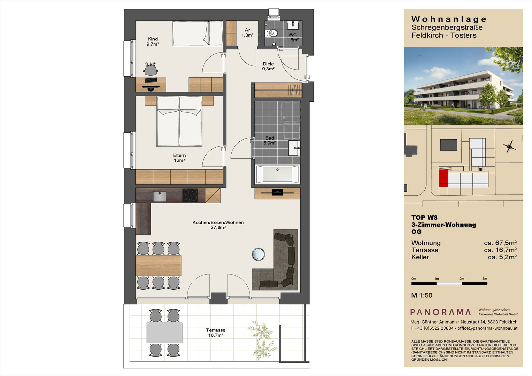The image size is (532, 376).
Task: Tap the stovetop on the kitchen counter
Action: coord(190,195)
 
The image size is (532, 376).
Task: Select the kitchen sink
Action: coord(160,196)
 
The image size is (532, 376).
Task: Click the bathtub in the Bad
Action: coord(277,174)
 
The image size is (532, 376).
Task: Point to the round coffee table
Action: coord(258,254)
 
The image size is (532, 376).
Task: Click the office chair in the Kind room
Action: coord(151,69)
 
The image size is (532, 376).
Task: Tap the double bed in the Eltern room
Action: coord(179,121)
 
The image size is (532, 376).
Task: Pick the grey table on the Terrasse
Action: coord(164,333)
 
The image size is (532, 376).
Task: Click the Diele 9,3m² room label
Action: coord(268,66)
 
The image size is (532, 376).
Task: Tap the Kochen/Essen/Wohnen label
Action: coord(218,222)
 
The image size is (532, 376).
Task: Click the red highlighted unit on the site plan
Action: coord(444,178)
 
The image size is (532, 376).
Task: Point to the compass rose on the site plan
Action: coord(509,147)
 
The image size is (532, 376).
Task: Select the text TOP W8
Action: coord(424,218)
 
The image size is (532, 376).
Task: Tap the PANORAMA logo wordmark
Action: coord(441,312)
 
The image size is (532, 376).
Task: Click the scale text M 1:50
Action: coord(422,295)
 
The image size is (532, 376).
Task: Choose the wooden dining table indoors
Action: coord(159,266)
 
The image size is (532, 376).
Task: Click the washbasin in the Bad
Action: coord(294,148)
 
